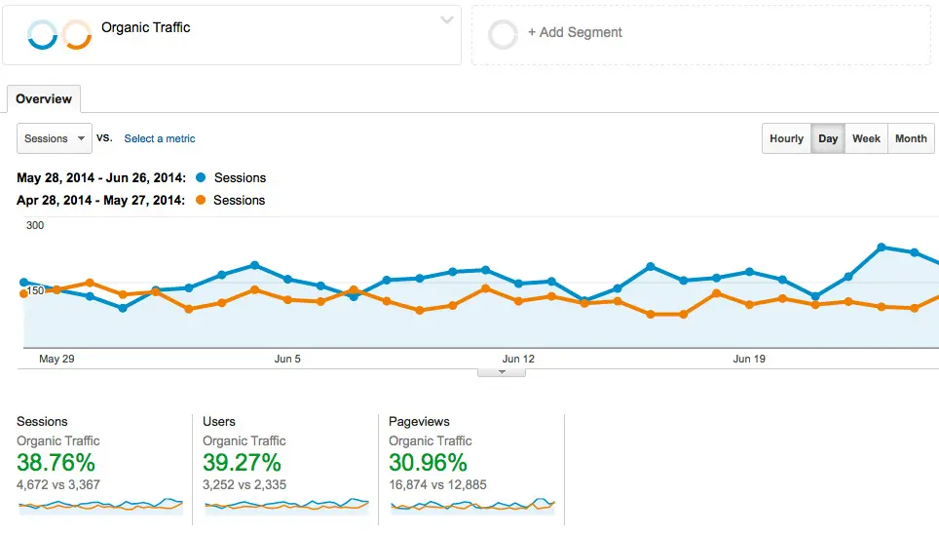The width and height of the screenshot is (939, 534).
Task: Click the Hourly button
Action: point(786,138)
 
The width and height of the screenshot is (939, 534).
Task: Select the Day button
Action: point(828,138)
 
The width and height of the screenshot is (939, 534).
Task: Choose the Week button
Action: point(866,138)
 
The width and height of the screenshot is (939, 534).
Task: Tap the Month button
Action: point(911,138)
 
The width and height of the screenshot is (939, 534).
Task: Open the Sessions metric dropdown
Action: point(55,138)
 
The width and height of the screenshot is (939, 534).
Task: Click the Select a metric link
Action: point(160,138)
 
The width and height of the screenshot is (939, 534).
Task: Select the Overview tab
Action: point(44,98)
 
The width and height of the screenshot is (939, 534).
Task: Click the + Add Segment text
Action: point(575,32)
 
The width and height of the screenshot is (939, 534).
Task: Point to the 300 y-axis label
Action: point(35,225)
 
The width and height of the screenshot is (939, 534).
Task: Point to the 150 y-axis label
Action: point(35,290)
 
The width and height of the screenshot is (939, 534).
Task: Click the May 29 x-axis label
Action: point(56,359)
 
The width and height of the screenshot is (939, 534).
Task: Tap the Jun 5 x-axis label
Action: point(287,359)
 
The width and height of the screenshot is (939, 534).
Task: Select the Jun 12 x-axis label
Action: point(518,359)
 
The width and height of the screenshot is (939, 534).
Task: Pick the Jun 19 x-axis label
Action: point(749,359)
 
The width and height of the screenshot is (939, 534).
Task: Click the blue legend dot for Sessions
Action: point(201,177)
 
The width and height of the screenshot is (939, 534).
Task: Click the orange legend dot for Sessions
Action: point(201,200)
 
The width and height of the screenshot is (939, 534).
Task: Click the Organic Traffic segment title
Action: point(146,27)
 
